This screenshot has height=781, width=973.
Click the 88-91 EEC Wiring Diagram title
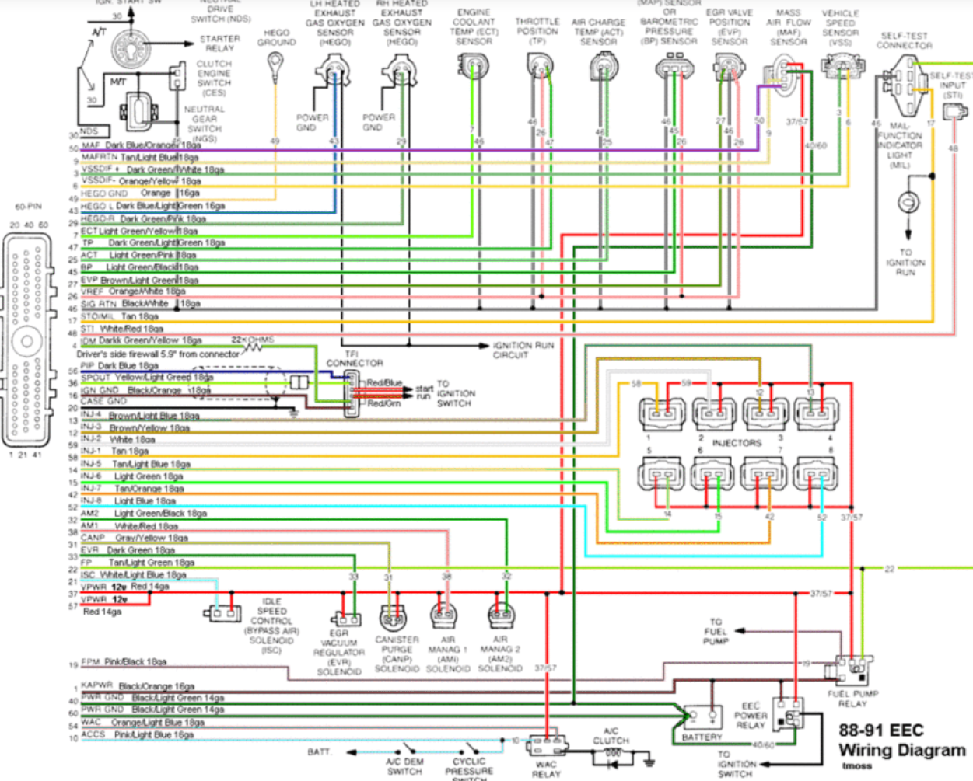pos(901,741)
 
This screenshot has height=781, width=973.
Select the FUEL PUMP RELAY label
pos(852,699)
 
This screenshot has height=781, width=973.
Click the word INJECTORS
pos(737,443)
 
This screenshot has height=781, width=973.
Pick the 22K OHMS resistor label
pos(253,340)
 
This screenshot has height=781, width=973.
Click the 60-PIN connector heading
pos(28,207)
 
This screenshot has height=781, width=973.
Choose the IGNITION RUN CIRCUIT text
pos(523,350)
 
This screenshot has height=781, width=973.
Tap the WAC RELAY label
pos(546,769)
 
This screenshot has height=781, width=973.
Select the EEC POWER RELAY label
pos(751,716)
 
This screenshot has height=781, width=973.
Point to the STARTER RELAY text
pos(220,43)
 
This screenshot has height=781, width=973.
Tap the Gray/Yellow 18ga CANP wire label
pos(151,538)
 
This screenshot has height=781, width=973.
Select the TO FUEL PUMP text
pos(715,631)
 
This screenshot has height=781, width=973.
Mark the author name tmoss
pos(856,766)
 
